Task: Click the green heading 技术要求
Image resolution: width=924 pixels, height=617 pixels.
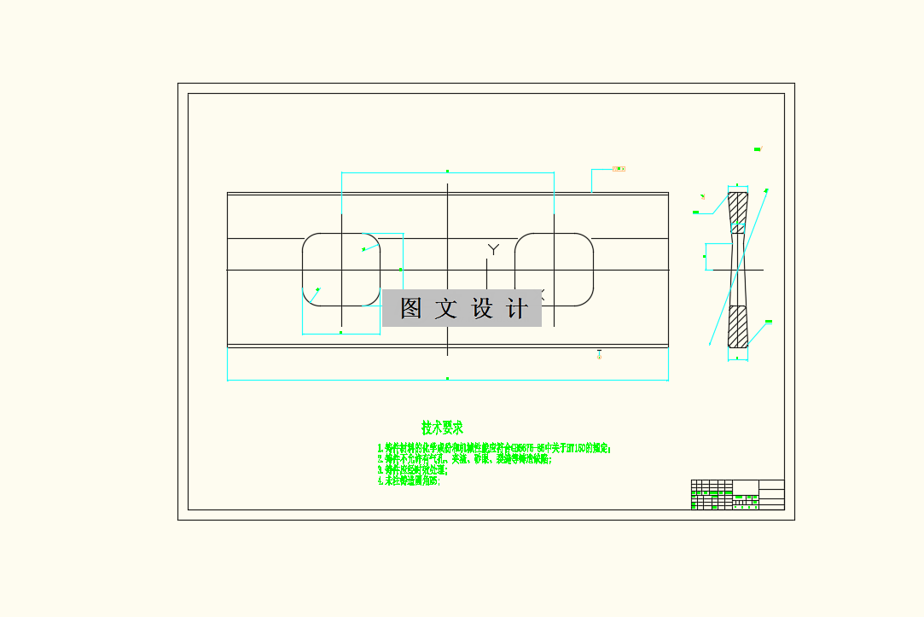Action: coord(442,428)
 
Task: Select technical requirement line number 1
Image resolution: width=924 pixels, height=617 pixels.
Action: coord(495,447)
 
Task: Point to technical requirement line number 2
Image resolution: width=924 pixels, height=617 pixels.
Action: coord(465,459)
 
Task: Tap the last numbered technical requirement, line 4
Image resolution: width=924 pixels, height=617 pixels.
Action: coord(410,480)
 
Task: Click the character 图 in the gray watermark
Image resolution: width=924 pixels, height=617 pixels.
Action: coord(411,308)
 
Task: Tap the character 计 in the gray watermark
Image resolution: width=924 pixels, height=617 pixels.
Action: coord(517,308)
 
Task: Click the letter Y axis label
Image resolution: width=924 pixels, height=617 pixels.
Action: coord(493,249)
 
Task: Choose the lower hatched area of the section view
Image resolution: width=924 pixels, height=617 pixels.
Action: coord(737,326)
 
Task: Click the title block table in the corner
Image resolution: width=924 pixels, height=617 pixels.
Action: coord(737,495)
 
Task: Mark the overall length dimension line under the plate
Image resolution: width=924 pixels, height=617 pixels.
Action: coord(447,379)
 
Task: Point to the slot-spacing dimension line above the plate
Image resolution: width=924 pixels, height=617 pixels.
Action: coord(447,172)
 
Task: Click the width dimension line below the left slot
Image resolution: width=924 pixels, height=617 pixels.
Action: coord(341,333)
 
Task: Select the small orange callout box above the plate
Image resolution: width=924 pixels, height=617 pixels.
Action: coord(619,169)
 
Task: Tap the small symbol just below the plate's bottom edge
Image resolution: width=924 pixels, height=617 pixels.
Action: coord(599,353)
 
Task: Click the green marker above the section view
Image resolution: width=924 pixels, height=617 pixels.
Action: coord(757,149)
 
